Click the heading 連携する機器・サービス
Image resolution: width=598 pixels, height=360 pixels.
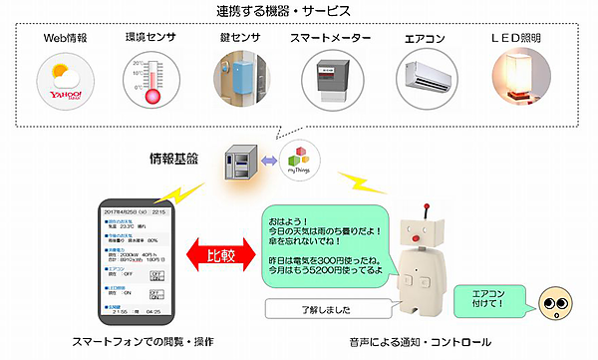pos(298,12)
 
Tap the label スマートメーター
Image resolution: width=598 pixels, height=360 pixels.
pos(332,38)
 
